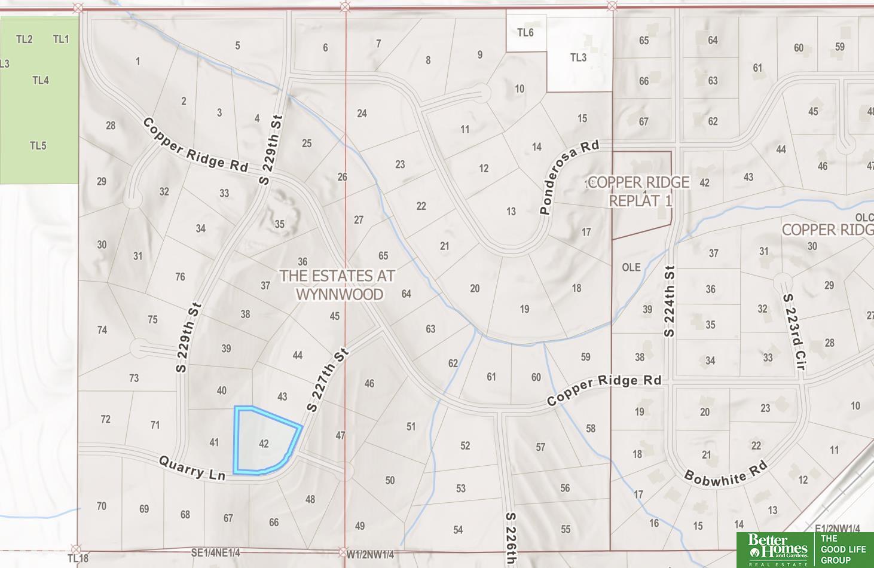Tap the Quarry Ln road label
(192, 468)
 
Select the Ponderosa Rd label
(569, 177)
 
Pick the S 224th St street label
(669, 301)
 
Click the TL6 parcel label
(525, 32)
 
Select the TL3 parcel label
(578, 57)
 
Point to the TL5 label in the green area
(38, 145)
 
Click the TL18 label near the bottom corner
(78, 558)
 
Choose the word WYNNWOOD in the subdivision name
(339, 294)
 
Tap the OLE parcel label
(631, 267)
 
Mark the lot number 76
(180, 277)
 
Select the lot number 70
(102, 506)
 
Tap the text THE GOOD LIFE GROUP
(843, 549)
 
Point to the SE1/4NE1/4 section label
(216, 553)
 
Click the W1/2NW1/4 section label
(370, 555)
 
